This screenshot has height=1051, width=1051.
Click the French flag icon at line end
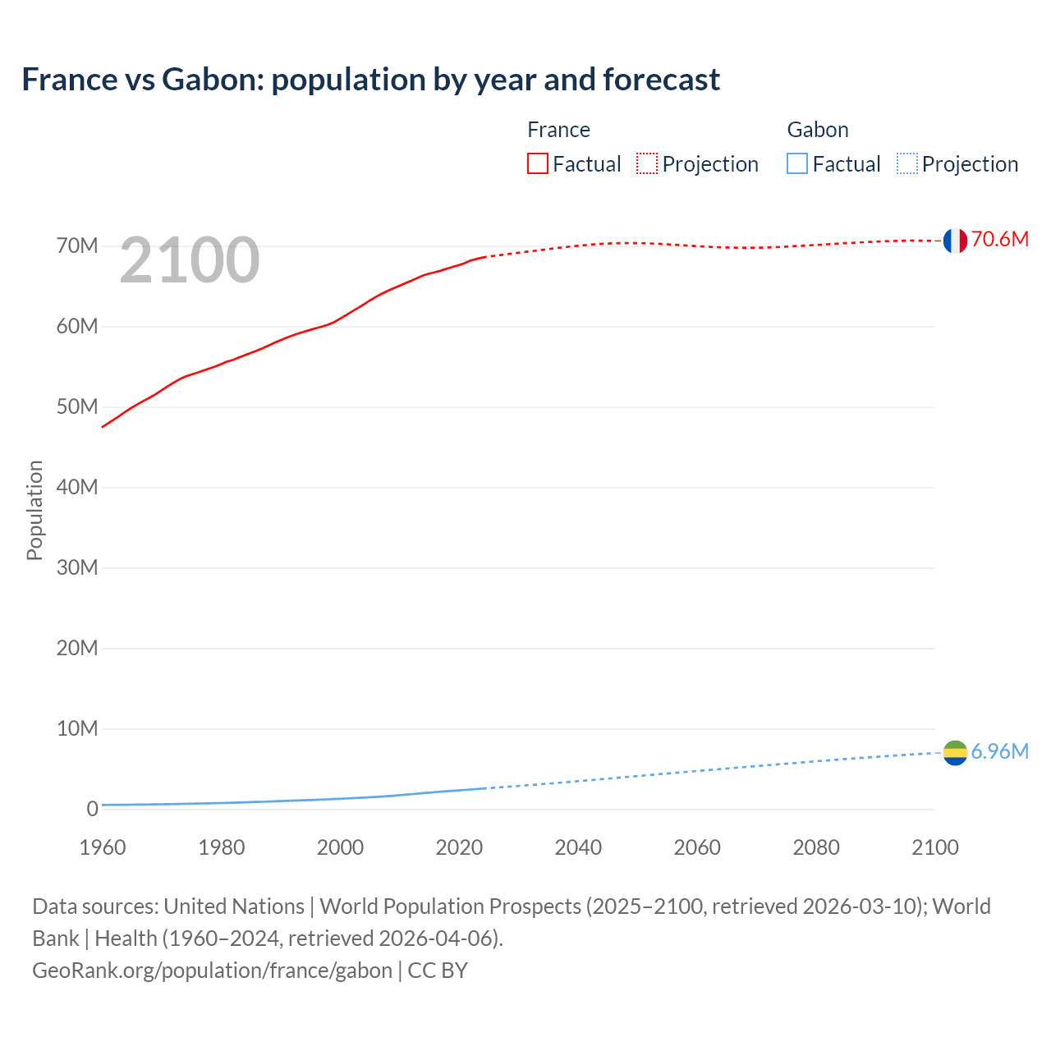point(955,241)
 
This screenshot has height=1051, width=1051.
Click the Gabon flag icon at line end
point(955,753)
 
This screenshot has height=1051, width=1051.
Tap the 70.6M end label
point(999,240)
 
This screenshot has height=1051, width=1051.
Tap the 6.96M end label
point(999,752)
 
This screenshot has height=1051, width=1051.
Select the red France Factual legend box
point(538,163)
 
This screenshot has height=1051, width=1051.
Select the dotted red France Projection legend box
point(647,163)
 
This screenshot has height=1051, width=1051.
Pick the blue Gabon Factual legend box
point(797,163)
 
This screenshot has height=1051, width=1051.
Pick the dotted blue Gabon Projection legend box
point(907,163)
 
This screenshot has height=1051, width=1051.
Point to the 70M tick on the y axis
point(77,246)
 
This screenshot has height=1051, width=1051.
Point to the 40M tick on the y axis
point(77,488)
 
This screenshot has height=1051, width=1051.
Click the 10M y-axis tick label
point(77,729)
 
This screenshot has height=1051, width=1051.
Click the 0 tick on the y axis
point(92,810)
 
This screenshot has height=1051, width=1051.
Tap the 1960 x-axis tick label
point(103,848)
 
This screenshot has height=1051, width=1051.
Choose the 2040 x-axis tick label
point(578,848)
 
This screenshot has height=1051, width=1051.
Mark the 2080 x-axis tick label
point(816,848)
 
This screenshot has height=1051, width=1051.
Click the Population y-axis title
point(34,511)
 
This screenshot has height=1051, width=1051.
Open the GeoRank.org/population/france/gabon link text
point(212,971)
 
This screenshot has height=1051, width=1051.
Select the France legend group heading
point(558,130)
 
